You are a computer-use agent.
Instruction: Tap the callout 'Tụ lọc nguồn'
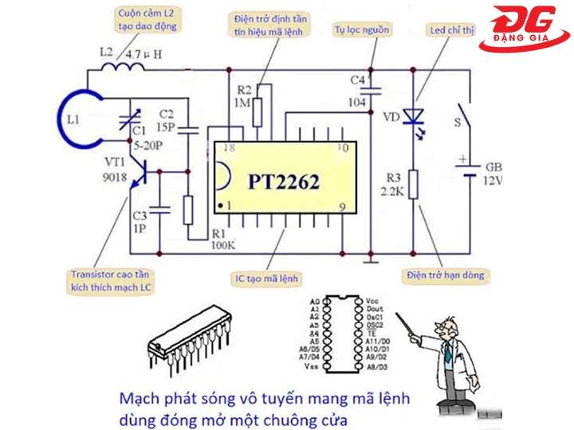(x=364, y=29)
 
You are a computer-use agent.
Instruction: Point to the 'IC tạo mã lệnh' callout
(x=266, y=279)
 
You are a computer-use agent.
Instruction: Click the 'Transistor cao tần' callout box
(x=108, y=280)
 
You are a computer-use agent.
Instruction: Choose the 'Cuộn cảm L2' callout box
(x=145, y=19)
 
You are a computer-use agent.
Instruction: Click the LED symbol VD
(x=412, y=117)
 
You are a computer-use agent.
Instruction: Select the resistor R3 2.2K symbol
(x=412, y=186)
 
